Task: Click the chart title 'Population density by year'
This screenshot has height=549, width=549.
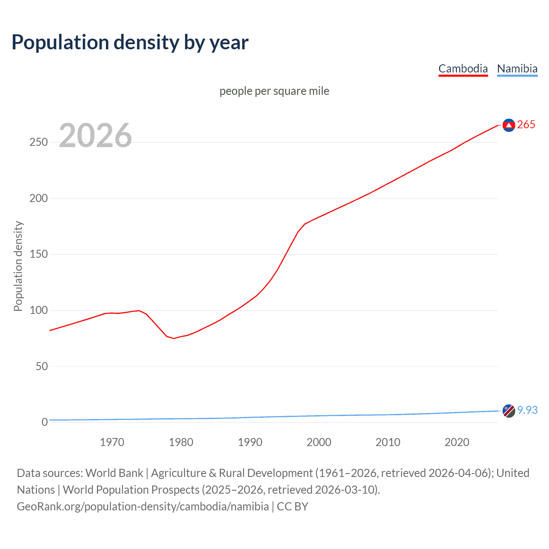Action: point(130,42)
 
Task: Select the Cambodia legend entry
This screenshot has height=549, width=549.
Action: point(463,69)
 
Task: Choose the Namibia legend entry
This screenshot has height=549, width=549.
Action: point(517,69)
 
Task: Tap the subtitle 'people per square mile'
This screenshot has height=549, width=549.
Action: point(274,91)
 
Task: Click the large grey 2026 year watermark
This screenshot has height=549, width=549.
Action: point(95,136)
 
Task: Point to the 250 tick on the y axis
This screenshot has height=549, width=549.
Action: point(39,142)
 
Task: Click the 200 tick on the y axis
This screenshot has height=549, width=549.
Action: point(39,199)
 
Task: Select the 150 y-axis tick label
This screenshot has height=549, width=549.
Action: point(39,254)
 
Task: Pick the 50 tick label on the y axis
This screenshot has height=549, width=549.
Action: point(42,367)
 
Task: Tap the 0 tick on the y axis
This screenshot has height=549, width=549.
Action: point(45,422)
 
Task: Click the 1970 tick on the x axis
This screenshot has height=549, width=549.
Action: point(112,442)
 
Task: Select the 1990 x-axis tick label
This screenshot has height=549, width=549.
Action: point(250,442)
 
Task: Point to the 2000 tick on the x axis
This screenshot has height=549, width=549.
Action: point(319,442)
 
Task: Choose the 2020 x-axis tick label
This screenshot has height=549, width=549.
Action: point(457,442)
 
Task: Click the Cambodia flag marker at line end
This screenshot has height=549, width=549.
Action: point(509,125)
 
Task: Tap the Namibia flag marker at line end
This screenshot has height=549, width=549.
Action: point(509,410)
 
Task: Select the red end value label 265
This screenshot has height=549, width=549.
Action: point(526,125)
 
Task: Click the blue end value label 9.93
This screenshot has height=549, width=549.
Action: point(527,410)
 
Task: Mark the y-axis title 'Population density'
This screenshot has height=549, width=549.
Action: point(18,266)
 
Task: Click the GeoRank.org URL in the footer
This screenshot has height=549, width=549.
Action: point(143,507)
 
